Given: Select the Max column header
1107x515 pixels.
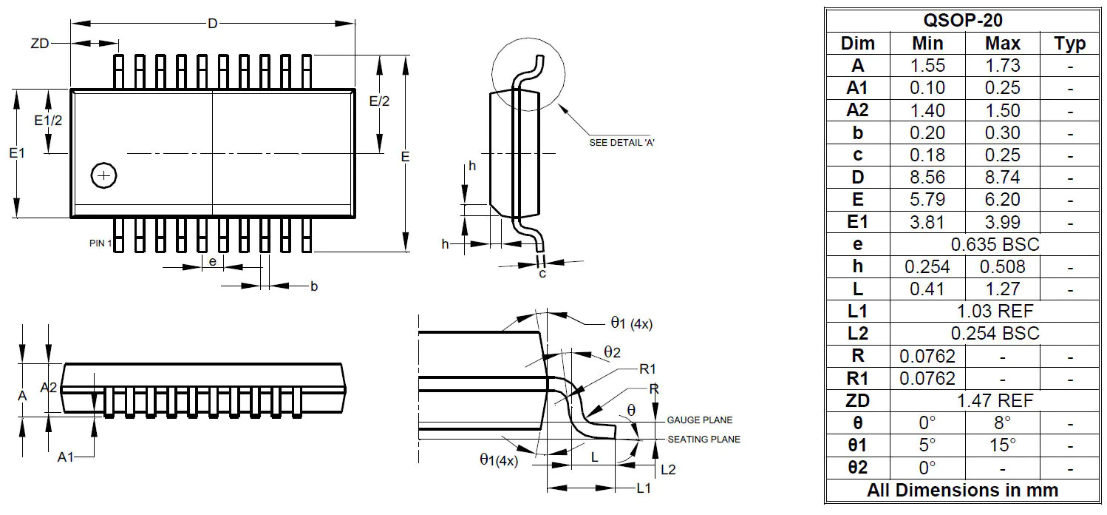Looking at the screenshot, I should [x=1002, y=43].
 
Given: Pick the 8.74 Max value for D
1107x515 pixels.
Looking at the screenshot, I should [x=1002, y=177].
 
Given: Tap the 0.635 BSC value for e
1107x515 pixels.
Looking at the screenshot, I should [x=995, y=244].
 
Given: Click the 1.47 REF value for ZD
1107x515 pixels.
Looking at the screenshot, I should [x=995, y=400].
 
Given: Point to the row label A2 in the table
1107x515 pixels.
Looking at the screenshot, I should [x=857, y=110].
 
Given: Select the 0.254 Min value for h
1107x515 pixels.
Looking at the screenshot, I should [x=927, y=266].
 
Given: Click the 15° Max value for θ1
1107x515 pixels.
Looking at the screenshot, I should [x=1002, y=445].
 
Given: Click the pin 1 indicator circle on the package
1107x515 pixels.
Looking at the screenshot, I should [x=103, y=175].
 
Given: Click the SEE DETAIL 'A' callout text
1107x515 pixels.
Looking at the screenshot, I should [x=621, y=143].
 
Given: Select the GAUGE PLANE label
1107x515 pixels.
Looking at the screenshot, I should [x=698, y=419].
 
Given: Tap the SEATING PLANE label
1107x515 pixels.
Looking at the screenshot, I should [x=704, y=439].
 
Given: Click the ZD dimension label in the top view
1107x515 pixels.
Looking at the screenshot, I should [x=39, y=44].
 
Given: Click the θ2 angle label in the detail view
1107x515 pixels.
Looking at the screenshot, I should [x=611, y=352].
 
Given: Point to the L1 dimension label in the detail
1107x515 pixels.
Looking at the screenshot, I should [x=644, y=488].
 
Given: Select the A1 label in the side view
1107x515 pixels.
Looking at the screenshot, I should [x=67, y=457].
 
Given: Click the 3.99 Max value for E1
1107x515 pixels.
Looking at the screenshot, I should [x=1002, y=222].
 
